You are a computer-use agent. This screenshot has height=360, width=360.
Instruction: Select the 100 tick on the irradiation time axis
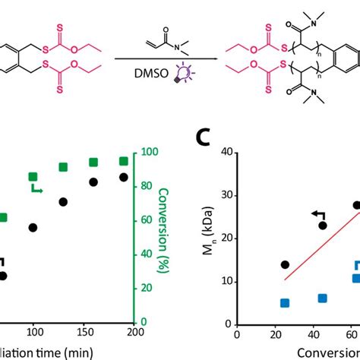point(33,333)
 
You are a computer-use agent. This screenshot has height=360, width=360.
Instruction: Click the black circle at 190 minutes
point(123,177)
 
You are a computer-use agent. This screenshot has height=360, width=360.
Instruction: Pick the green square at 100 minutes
point(33,176)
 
